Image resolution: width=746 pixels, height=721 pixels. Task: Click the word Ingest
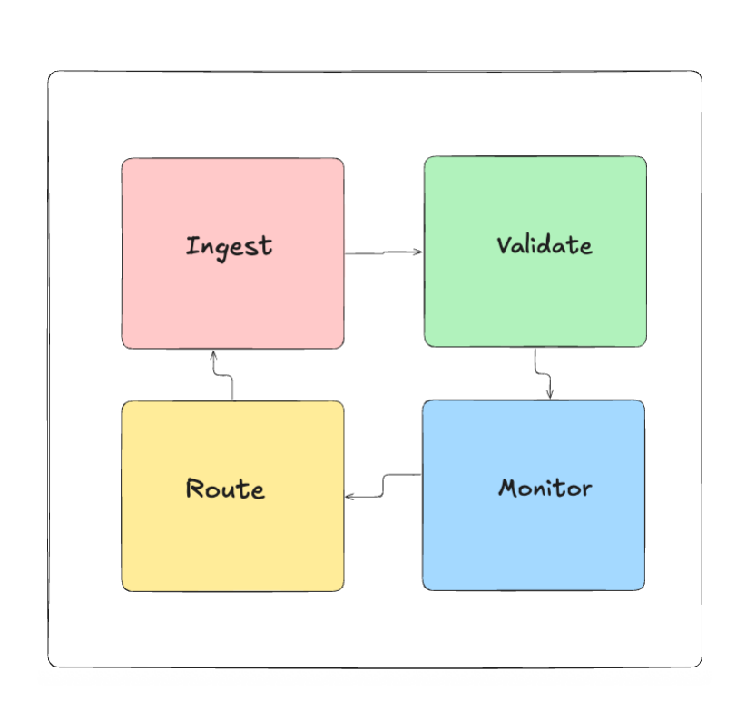pos(229,247)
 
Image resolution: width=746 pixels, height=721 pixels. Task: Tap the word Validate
pos(545,245)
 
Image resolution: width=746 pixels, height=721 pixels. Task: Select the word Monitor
pos(545,488)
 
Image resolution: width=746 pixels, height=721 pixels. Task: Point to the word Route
pos(225,489)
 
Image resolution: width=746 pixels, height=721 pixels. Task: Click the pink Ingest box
pos(232,253)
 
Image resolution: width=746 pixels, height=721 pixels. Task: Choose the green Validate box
pos(535,252)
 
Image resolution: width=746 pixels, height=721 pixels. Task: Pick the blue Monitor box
pos(534,495)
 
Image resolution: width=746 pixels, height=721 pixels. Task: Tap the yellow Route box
pos(232,497)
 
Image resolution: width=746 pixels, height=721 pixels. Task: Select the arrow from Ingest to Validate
pos(384,252)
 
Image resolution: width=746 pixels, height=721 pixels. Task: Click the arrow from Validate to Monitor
pos(543,374)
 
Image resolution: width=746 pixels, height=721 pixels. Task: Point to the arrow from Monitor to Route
pos(383,486)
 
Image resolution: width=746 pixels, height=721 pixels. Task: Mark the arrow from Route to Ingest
pos(222,376)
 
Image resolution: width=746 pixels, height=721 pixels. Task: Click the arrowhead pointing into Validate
pos(417,252)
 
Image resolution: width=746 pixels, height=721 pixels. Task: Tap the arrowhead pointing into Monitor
pos(549,394)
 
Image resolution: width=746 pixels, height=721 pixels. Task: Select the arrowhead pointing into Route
pos(349,497)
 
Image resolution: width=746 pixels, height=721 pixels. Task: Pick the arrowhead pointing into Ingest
pos(213,355)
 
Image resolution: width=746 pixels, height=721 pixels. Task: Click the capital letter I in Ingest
pos(191,245)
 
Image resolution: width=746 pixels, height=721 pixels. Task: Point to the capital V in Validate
pos(505,245)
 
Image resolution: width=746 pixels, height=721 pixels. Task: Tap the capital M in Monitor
pos(508,488)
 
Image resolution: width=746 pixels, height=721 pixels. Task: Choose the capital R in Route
pos(195,489)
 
